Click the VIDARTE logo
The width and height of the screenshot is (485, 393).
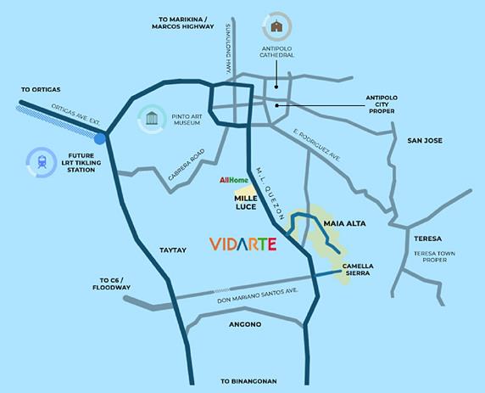(x=243, y=244)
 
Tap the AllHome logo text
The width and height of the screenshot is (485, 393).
(x=233, y=180)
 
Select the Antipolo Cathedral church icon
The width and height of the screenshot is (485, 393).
(x=276, y=25)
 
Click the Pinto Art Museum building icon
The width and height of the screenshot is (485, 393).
(x=152, y=116)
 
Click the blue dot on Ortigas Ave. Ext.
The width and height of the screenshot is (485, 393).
(x=101, y=138)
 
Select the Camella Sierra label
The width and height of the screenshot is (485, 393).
(x=358, y=270)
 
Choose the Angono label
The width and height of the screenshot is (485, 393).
(x=244, y=325)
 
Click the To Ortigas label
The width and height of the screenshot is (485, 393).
(x=40, y=89)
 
